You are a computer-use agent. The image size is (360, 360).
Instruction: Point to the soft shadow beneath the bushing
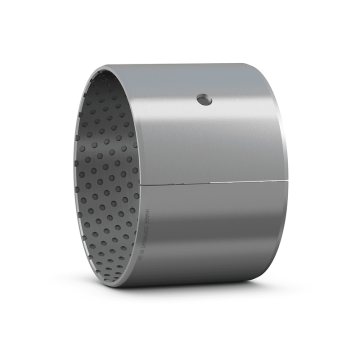(200, 292)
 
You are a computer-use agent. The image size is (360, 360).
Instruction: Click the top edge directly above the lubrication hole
(204, 63)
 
